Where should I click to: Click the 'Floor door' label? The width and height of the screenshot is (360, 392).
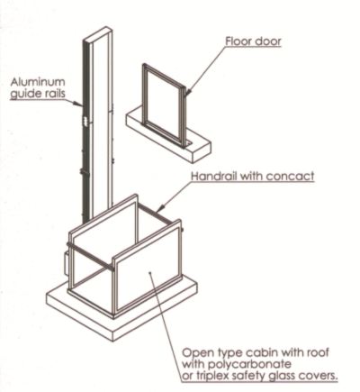(x=254, y=41)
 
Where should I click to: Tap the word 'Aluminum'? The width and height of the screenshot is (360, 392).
(x=38, y=82)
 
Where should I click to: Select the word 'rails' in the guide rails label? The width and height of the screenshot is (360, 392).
(x=54, y=93)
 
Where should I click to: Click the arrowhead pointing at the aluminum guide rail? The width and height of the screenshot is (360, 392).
(x=78, y=104)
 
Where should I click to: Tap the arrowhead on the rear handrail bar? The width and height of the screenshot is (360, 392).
(x=161, y=208)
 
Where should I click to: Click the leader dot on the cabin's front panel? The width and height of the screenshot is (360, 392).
(x=149, y=273)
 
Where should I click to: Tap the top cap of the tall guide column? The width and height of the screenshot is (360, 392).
(x=98, y=34)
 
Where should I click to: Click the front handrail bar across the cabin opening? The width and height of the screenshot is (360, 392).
(x=90, y=256)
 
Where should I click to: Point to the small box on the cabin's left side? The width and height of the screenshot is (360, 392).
(x=67, y=260)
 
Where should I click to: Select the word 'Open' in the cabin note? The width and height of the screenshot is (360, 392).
(x=196, y=352)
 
